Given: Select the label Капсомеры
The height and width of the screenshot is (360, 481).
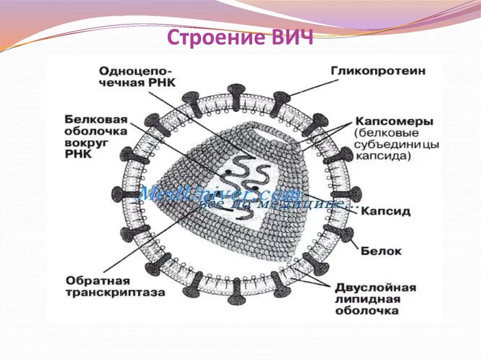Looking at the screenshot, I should tap(394, 121).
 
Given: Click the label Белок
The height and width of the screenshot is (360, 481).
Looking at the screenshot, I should tap(381, 251).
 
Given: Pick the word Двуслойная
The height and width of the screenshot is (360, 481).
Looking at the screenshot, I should tap(375, 287).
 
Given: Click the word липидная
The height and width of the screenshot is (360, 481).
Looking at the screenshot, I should tap(367, 299).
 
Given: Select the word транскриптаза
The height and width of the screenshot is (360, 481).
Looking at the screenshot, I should tap(115, 292).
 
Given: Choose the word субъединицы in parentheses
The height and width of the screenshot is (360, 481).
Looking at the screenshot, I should tap(397, 145).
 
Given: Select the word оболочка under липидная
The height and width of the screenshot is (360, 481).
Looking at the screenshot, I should tap(367, 311).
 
